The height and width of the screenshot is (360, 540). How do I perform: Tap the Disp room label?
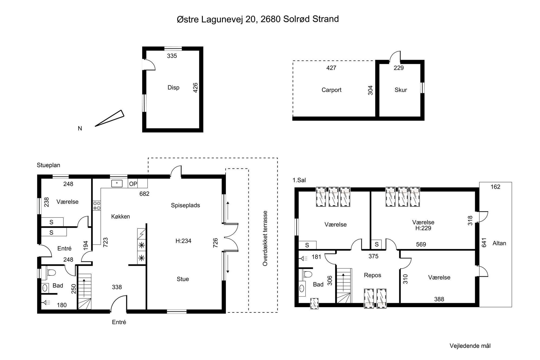[173, 88]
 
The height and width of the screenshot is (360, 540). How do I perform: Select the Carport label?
[331, 90]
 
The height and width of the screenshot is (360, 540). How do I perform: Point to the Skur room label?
[401, 90]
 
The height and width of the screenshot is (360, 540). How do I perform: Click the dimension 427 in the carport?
[331, 68]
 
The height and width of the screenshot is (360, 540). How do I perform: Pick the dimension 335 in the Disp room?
[172, 56]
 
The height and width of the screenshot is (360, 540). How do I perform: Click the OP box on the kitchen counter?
[133, 184]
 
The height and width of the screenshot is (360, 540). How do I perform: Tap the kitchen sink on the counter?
[117, 184]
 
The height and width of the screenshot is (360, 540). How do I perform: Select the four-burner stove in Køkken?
[97, 206]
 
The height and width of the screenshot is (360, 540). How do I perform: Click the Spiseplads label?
[185, 205]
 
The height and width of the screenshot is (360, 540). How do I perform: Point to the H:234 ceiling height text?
[183, 241]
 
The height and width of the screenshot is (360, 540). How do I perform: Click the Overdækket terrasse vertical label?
[265, 238]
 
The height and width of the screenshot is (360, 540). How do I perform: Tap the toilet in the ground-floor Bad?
[51, 272]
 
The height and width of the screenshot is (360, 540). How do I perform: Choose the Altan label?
[499, 243]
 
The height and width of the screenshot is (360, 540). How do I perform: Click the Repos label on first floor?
[373, 275]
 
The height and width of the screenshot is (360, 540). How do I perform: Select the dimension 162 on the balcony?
[495, 187]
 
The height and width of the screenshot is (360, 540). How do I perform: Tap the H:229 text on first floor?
[423, 228]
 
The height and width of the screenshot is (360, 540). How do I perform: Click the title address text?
[258, 19]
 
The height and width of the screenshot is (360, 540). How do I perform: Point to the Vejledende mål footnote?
[470, 346]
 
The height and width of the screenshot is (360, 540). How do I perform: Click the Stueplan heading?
[49, 165]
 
